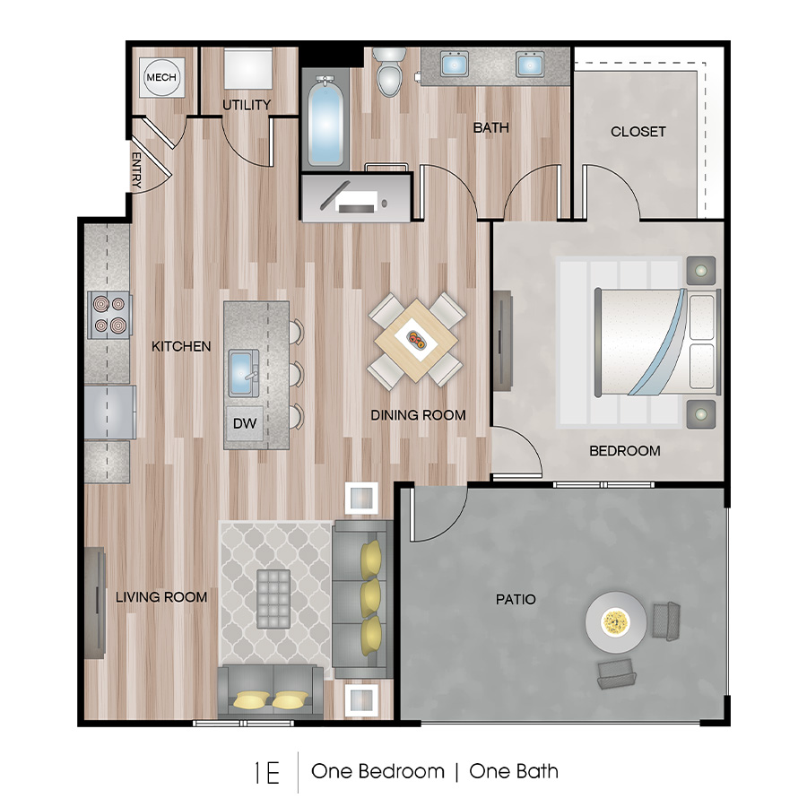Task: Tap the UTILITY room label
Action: [x=247, y=105]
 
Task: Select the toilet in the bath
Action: [x=389, y=74]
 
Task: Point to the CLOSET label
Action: [x=638, y=132]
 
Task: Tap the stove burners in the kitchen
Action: [x=109, y=315]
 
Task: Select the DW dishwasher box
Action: [x=244, y=423]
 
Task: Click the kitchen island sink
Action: [x=243, y=373]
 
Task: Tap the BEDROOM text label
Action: [x=624, y=450]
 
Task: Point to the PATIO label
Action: [x=516, y=598]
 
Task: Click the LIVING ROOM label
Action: [x=161, y=596]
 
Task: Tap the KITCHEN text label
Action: [x=181, y=346]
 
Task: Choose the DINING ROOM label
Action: [x=419, y=414]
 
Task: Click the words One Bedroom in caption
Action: [x=377, y=771]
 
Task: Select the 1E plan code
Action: [x=266, y=772]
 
